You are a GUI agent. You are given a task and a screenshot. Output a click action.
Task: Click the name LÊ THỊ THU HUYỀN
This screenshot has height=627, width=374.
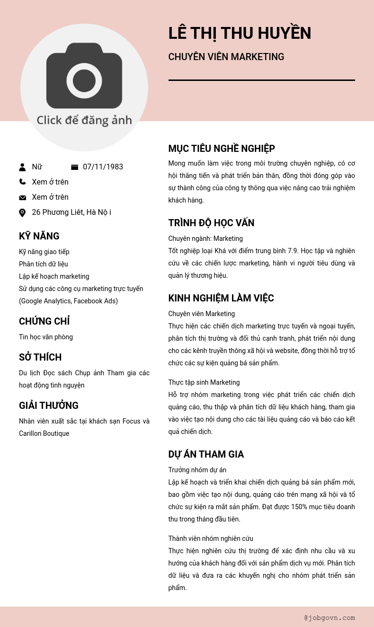point(240,34)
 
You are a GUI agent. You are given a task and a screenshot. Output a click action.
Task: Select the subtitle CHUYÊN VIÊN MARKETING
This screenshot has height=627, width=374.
point(226,57)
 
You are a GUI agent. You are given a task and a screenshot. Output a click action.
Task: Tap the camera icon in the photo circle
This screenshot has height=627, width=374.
point(84,76)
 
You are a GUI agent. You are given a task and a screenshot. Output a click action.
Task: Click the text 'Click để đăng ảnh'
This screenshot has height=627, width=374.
point(84,120)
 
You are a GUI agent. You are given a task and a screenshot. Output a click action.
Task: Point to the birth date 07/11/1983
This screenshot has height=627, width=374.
point(103,167)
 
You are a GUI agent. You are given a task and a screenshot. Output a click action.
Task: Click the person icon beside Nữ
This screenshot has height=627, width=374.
point(22,167)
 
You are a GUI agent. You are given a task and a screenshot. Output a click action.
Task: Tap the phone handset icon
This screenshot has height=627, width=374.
point(22,182)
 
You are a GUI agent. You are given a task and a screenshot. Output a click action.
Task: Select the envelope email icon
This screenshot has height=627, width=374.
point(22,197)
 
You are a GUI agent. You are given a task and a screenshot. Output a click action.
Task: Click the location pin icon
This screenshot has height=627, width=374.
point(22,212)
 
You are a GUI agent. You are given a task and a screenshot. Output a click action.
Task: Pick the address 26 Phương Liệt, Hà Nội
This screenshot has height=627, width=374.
point(71,212)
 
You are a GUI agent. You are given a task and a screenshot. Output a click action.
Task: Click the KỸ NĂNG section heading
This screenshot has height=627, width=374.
point(39,236)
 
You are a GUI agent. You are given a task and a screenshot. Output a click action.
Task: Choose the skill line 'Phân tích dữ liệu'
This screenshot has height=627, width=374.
point(44,264)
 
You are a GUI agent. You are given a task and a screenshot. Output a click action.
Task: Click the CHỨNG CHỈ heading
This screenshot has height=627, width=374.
point(44,321)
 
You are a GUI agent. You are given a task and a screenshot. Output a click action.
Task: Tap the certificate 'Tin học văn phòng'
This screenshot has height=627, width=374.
point(46,337)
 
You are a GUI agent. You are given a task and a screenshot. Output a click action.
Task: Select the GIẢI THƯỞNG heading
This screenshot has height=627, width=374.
point(49,406)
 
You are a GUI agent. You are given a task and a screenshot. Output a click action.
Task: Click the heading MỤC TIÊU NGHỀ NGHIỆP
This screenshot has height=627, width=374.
point(222,149)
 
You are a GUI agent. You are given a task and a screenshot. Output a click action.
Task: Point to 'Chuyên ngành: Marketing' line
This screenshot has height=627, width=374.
point(205,238)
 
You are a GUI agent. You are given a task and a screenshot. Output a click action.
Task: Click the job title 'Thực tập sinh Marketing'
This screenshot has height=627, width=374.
point(204,382)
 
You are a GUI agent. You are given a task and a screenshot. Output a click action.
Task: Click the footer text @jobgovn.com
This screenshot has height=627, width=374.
point(329,618)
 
